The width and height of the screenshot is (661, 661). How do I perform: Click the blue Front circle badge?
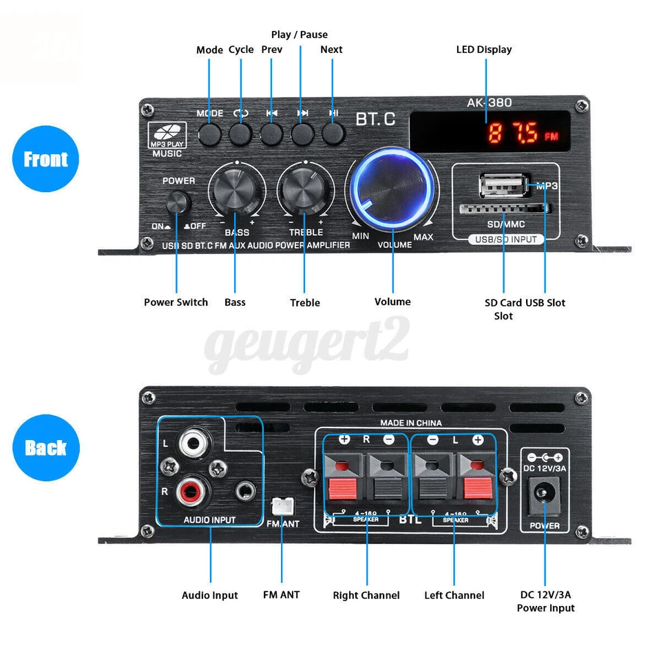(46, 159)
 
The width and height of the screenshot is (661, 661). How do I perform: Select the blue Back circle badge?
(46, 447)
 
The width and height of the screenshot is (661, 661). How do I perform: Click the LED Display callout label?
(484, 50)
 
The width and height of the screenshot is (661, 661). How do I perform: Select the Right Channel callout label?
(366, 595)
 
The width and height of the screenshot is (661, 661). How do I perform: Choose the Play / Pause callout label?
(300, 34)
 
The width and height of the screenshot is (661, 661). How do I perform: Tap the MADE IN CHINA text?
(411, 423)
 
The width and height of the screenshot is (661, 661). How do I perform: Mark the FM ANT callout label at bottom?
(281, 594)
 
